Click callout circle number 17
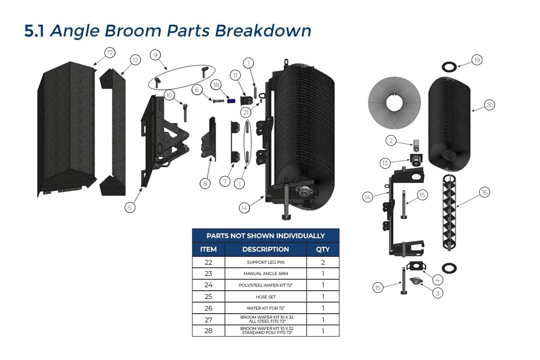109,53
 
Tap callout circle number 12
135,60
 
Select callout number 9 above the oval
155,55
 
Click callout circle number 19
477,60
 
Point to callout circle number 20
490,105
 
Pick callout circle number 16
484,192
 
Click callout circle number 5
130,207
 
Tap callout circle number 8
205,183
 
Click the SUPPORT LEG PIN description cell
265,262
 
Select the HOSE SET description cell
265,297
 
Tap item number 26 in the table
208,308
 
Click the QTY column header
323,249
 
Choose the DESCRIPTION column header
265,249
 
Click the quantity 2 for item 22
323,262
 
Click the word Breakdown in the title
263,31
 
